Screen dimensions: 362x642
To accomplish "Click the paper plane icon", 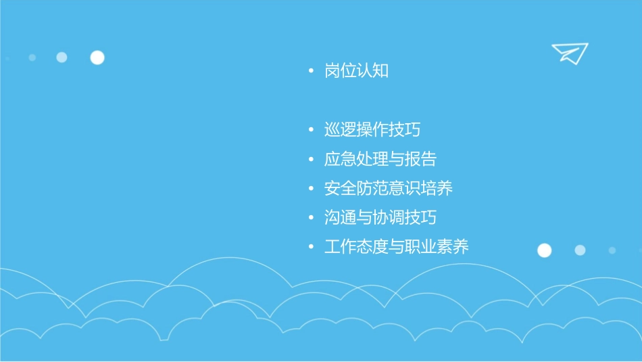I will pyautogui.click(x=569, y=53).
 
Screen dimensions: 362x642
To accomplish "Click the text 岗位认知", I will pyautogui.click(x=356, y=70).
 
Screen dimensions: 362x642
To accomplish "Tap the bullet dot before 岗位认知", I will pyautogui.click(x=310, y=70).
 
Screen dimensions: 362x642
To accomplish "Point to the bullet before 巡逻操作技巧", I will pyautogui.click(x=310, y=130).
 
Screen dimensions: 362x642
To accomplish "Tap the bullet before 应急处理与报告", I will pyautogui.click(x=310, y=159).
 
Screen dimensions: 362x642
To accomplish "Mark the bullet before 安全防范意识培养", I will pyautogui.click(x=310, y=188).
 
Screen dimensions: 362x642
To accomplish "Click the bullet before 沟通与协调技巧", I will pyautogui.click(x=310, y=217).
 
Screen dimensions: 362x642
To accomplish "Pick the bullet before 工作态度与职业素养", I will pyautogui.click(x=310, y=246).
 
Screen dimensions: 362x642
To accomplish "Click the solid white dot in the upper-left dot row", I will pyautogui.click(x=97, y=58).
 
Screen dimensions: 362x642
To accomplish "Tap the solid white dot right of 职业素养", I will pyautogui.click(x=544, y=250).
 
